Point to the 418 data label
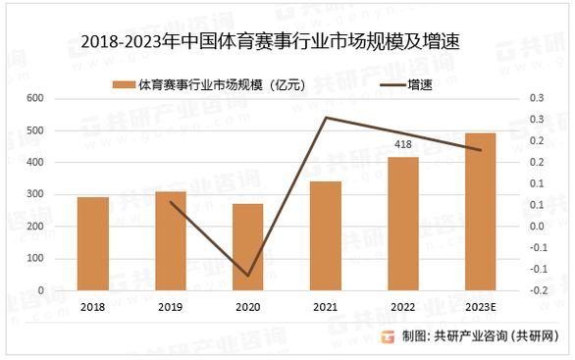(402, 145)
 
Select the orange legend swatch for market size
(124, 84)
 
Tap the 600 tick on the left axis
(35, 99)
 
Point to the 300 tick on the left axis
(35, 195)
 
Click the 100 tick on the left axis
(35, 259)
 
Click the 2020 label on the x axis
(247, 308)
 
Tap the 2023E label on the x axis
(480, 308)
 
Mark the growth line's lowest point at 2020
(247, 276)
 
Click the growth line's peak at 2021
(325, 118)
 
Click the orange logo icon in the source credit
(388, 336)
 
